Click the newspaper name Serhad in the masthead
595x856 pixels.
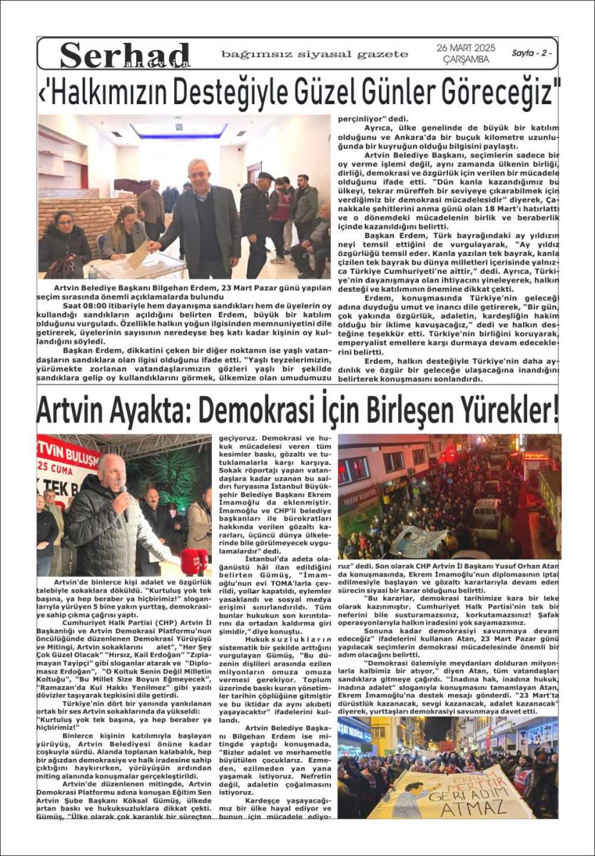pos(125,55)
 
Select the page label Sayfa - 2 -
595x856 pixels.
pos(531,53)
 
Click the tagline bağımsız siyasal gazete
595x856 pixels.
pos(315,54)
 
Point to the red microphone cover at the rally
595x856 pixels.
pos(193,560)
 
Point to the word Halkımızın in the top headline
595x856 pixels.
pos(115,92)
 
